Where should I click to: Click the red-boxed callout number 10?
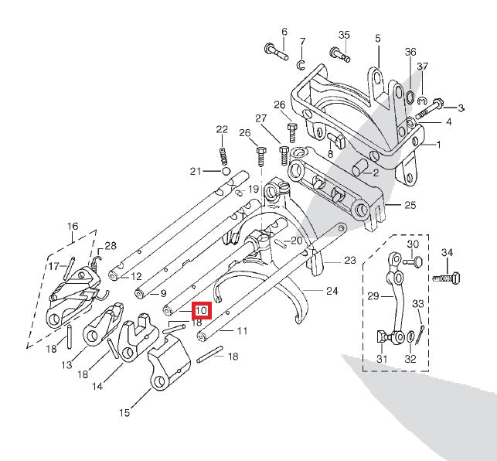tap(201, 310)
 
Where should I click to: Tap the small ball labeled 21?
tap(226, 171)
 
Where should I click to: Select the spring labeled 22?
tap(224, 156)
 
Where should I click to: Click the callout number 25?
tap(410, 205)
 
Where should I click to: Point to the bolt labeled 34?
tap(446, 278)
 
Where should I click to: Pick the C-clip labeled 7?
tap(301, 65)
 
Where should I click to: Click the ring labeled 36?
tap(410, 97)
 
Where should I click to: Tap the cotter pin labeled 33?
tap(420, 335)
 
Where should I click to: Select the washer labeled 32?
tap(411, 336)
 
